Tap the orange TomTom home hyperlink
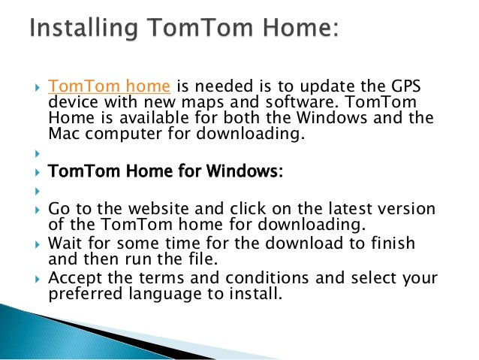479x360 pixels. tap(111, 86)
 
